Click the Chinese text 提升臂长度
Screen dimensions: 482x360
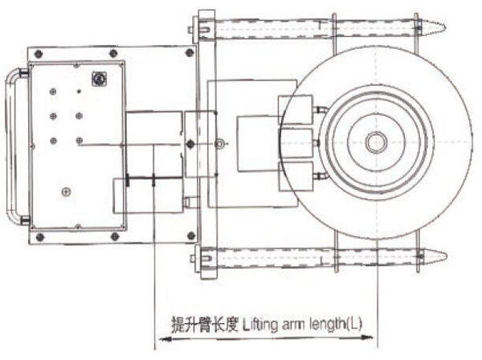point(204,324)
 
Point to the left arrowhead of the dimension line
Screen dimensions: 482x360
point(165,339)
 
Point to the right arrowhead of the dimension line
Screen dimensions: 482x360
point(366,337)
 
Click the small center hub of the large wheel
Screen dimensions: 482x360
point(376,142)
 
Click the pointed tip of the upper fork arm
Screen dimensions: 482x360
point(444,27)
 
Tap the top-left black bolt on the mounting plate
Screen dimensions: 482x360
point(39,54)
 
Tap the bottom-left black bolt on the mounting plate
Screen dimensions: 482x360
point(39,237)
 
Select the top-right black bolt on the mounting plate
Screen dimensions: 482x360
point(190,53)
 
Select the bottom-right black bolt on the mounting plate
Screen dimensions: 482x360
point(191,235)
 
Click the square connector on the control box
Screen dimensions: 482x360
point(99,79)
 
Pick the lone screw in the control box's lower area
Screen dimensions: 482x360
point(66,192)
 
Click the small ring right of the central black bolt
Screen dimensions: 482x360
point(220,143)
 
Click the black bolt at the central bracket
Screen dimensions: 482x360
point(190,144)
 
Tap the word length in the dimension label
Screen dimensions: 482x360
point(328,325)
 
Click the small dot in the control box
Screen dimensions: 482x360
point(79,92)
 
